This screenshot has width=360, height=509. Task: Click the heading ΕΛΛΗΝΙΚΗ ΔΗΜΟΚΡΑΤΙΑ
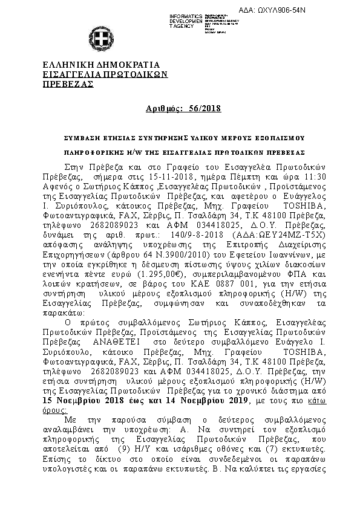pyautogui.click(x=100, y=65)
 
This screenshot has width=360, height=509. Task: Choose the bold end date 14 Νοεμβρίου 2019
pyautogui.click(x=199, y=400)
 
